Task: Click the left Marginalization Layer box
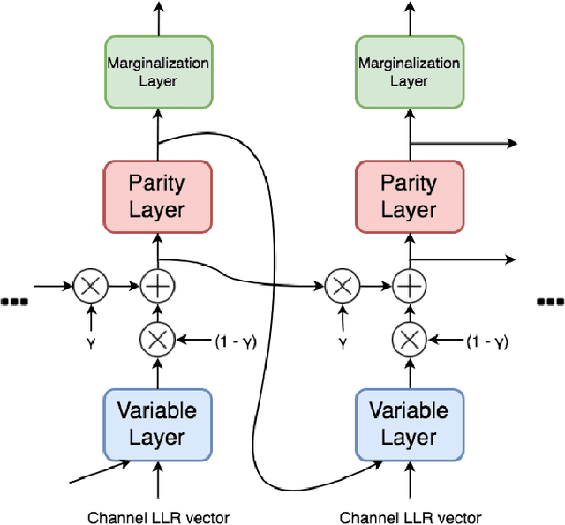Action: (158, 72)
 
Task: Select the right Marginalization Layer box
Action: (409, 72)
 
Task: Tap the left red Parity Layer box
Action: (158, 196)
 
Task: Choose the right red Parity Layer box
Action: (409, 196)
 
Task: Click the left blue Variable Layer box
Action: (158, 424)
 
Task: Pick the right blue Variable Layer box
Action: (409, 424)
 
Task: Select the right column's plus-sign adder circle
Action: (409, 285)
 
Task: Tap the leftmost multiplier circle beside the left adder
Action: (89, 285)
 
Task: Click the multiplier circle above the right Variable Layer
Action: (409, 339)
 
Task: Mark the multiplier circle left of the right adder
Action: (340, 285)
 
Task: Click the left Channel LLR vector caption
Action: (158, 517)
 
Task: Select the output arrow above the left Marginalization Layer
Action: (158, 18)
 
